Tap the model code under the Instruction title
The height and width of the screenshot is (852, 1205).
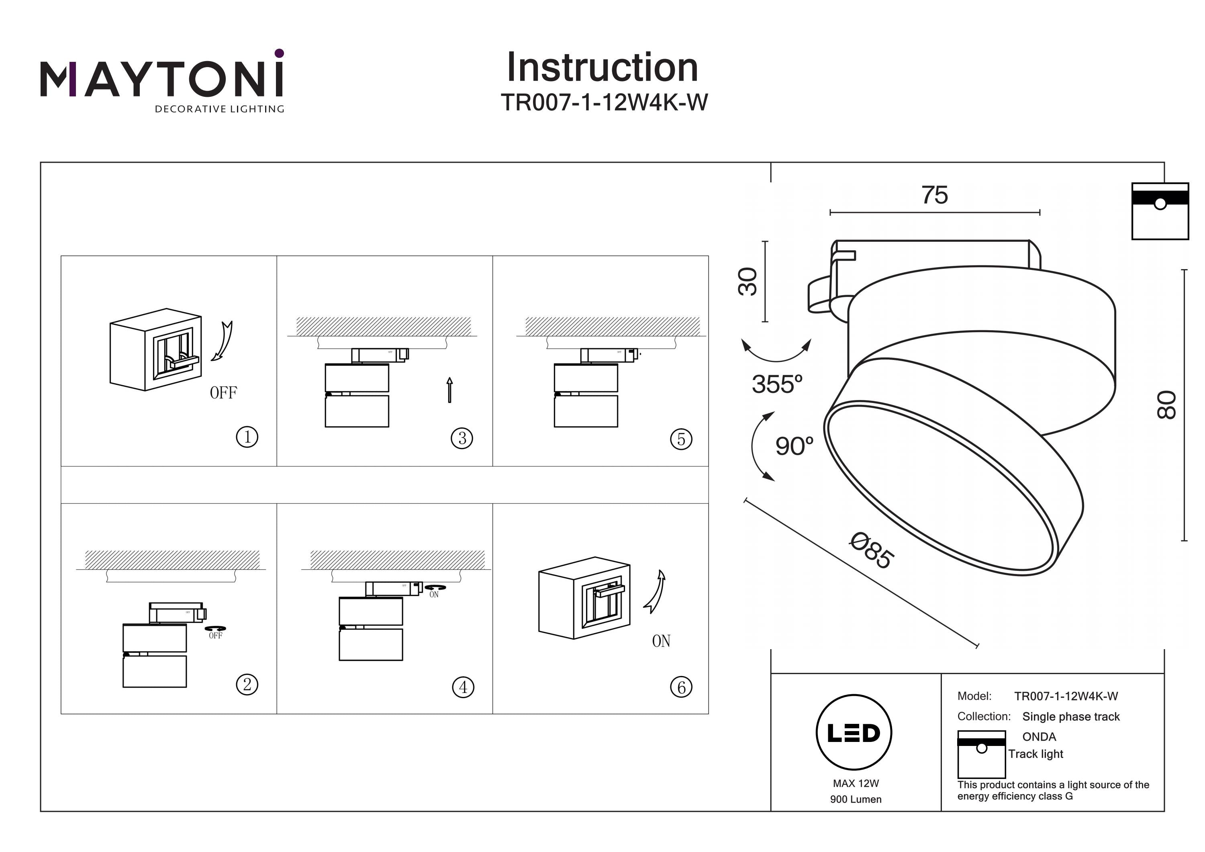604,102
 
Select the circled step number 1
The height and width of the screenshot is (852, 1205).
247,437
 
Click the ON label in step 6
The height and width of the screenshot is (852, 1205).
661,641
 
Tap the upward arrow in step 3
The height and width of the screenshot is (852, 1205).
449,390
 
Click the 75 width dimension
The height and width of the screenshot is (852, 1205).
935,195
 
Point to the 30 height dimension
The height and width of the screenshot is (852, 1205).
748,282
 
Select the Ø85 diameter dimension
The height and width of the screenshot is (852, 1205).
872,551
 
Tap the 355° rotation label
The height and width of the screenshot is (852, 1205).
777,384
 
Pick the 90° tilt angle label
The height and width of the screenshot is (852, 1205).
794,446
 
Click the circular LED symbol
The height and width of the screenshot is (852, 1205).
854,733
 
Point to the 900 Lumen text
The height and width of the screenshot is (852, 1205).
856,799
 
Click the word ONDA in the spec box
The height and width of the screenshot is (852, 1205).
1039,736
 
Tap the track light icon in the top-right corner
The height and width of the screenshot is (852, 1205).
1160,211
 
